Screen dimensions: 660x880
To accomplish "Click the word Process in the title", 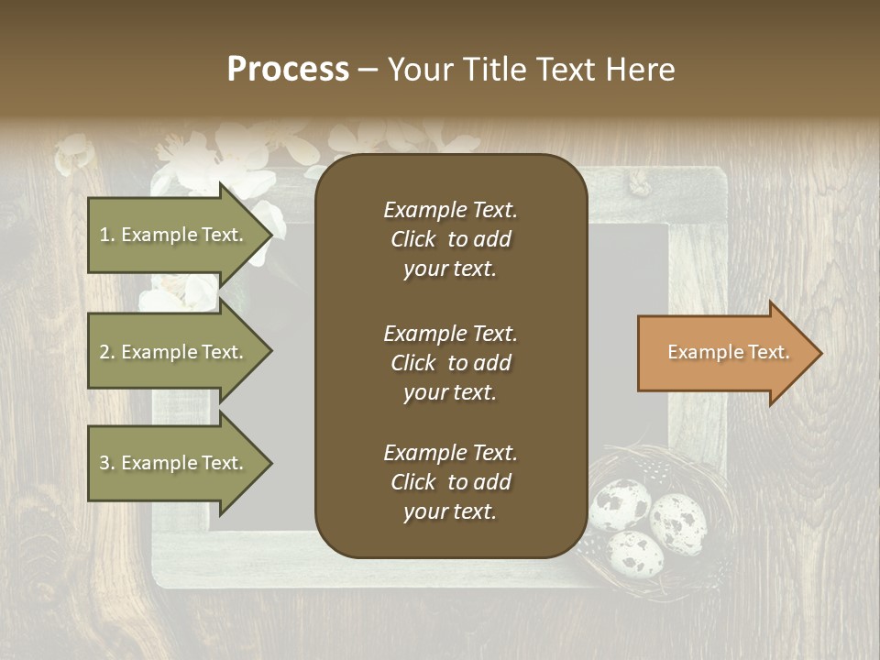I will [288, 70].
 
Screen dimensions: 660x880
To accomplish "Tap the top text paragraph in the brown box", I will [450, 239].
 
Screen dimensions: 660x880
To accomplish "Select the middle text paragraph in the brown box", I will [450, 363].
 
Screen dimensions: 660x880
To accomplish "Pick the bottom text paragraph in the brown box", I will [450, 482].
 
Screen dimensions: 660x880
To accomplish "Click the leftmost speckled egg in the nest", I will [620, 503].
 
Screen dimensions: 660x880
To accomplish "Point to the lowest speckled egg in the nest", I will [636, 552].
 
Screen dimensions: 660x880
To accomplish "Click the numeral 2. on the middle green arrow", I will [107, 352].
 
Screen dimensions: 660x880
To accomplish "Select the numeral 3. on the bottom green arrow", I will [107, 463].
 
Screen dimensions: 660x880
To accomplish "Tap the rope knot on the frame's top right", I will [637, 186].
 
